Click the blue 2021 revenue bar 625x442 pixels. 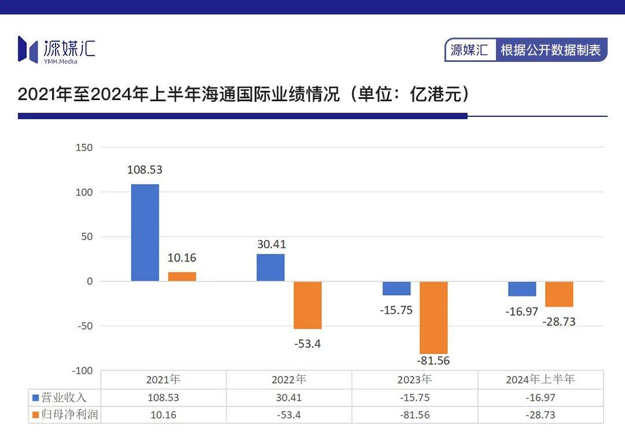[x=145, y=233]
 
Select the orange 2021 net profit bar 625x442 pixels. [x=182, y=277]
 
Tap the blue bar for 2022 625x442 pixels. [x=271, y=267]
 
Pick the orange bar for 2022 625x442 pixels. [x=307, y=305]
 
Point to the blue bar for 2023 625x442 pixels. [x=396, y=288]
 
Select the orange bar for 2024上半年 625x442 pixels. [x=559, y=294]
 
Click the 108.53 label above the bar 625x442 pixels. [x=145, y=170]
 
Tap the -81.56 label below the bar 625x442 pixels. [x=433, y=360]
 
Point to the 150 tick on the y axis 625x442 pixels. [x=84, y=148]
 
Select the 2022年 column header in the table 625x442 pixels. [x=289, y=380]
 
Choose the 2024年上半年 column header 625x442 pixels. [x=541, y=380]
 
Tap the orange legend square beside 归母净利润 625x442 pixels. [x=35, y=415]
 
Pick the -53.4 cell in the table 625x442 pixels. [x=289, y=415]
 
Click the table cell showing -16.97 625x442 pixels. [x=541, y=397]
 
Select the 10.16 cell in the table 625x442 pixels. [x=163, y=415]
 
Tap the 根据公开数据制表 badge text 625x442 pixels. [x=550, y=50]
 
